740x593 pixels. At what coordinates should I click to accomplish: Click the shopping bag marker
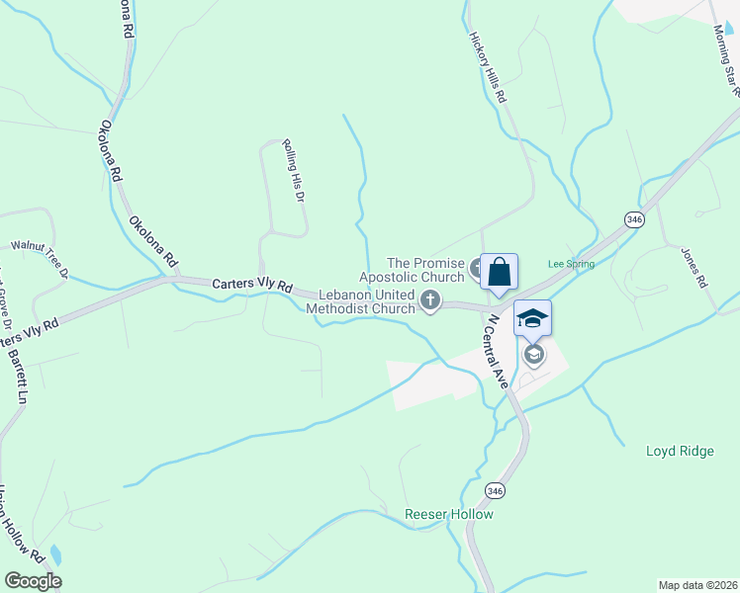(500, 272)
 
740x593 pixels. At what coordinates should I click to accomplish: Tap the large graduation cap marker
(532, 318)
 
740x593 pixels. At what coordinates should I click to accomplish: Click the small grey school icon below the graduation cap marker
(534, 354)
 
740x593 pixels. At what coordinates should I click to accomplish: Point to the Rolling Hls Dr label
(291, 169)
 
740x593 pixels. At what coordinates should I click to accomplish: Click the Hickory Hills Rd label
(487, 65)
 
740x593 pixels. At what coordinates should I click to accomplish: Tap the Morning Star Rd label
(727, 59)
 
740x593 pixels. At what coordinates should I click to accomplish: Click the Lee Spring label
(571, 264)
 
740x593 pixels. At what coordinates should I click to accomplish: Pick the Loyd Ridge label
(679, 451)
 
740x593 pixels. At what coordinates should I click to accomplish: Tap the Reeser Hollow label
(448, 514)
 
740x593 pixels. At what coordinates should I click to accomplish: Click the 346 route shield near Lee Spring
(634, 218)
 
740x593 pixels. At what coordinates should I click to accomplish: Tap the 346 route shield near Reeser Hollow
(496, 490)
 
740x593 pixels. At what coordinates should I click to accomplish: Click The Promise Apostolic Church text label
(424, 269)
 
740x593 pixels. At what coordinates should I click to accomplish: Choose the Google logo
(32, 581)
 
